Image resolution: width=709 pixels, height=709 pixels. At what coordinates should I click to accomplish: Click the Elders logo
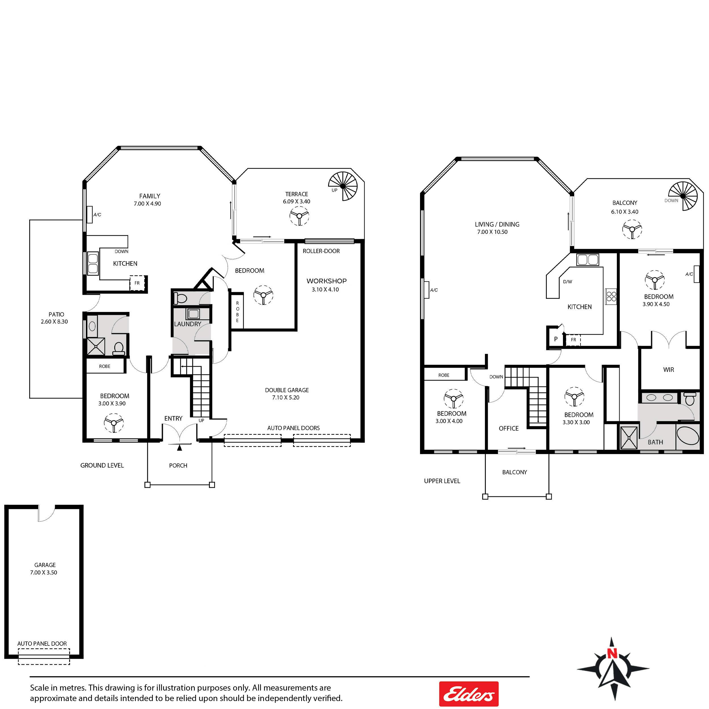(x=469, y=694)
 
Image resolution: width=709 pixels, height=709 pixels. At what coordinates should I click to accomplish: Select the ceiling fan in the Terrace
(x=299, y=216)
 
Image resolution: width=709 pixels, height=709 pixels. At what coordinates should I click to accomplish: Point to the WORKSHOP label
(x=327, y=281)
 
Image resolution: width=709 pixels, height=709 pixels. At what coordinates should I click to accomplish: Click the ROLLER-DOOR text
(x=321, y=251)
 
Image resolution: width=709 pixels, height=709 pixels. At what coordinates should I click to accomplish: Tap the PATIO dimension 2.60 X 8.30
(x=54, y=322)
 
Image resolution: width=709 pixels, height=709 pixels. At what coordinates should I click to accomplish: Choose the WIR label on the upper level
(x=669, y=370)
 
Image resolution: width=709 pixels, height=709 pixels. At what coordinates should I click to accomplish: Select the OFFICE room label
(x=508, y=428)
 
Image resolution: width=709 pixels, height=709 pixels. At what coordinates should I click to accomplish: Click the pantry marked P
(x=556, y=339)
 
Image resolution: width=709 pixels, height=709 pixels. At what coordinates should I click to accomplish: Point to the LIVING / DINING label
(x=497, y=224)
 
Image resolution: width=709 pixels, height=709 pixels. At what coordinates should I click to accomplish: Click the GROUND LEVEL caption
(x=102, y=465)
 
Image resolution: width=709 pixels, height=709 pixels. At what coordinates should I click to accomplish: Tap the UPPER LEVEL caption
(x=442, y=481)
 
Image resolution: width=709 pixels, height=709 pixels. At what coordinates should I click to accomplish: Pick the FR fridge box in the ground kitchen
(x=137, y=283)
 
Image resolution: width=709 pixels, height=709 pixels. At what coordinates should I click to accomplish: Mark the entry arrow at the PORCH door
(x=180, y=447)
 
